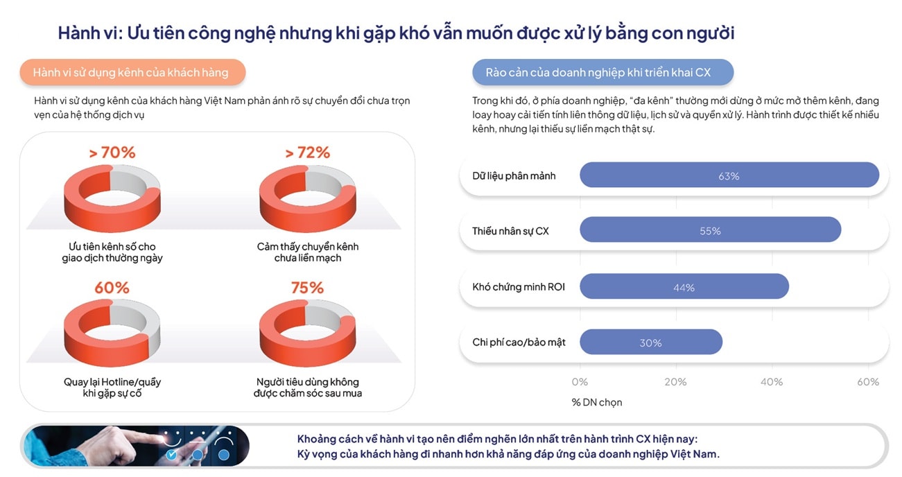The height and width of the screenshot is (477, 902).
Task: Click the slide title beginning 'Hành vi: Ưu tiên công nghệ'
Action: [396, 33]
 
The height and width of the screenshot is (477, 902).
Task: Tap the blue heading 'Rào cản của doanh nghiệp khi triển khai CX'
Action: [602, 72]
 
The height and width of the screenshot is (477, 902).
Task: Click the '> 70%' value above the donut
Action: [112, 153]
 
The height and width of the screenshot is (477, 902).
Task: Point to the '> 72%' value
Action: [307, 153]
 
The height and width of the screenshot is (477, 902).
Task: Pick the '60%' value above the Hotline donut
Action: [112, 287]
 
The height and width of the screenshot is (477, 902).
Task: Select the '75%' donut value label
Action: [307, 287]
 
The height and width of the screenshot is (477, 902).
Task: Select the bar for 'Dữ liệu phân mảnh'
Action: [729, 175]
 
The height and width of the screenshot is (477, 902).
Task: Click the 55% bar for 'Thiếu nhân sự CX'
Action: [710, 230]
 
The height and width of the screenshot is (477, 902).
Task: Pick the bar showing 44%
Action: [684, 286]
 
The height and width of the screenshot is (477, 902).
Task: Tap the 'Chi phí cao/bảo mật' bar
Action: [650, 342]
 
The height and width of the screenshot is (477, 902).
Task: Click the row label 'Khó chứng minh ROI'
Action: [519, 286]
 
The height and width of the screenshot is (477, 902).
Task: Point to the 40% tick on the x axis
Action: [772, 382]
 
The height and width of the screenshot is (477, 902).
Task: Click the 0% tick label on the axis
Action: [580, 382]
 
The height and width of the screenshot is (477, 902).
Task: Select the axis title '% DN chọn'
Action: [596, 402]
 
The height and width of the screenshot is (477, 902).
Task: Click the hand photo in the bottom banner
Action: [135, 445]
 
